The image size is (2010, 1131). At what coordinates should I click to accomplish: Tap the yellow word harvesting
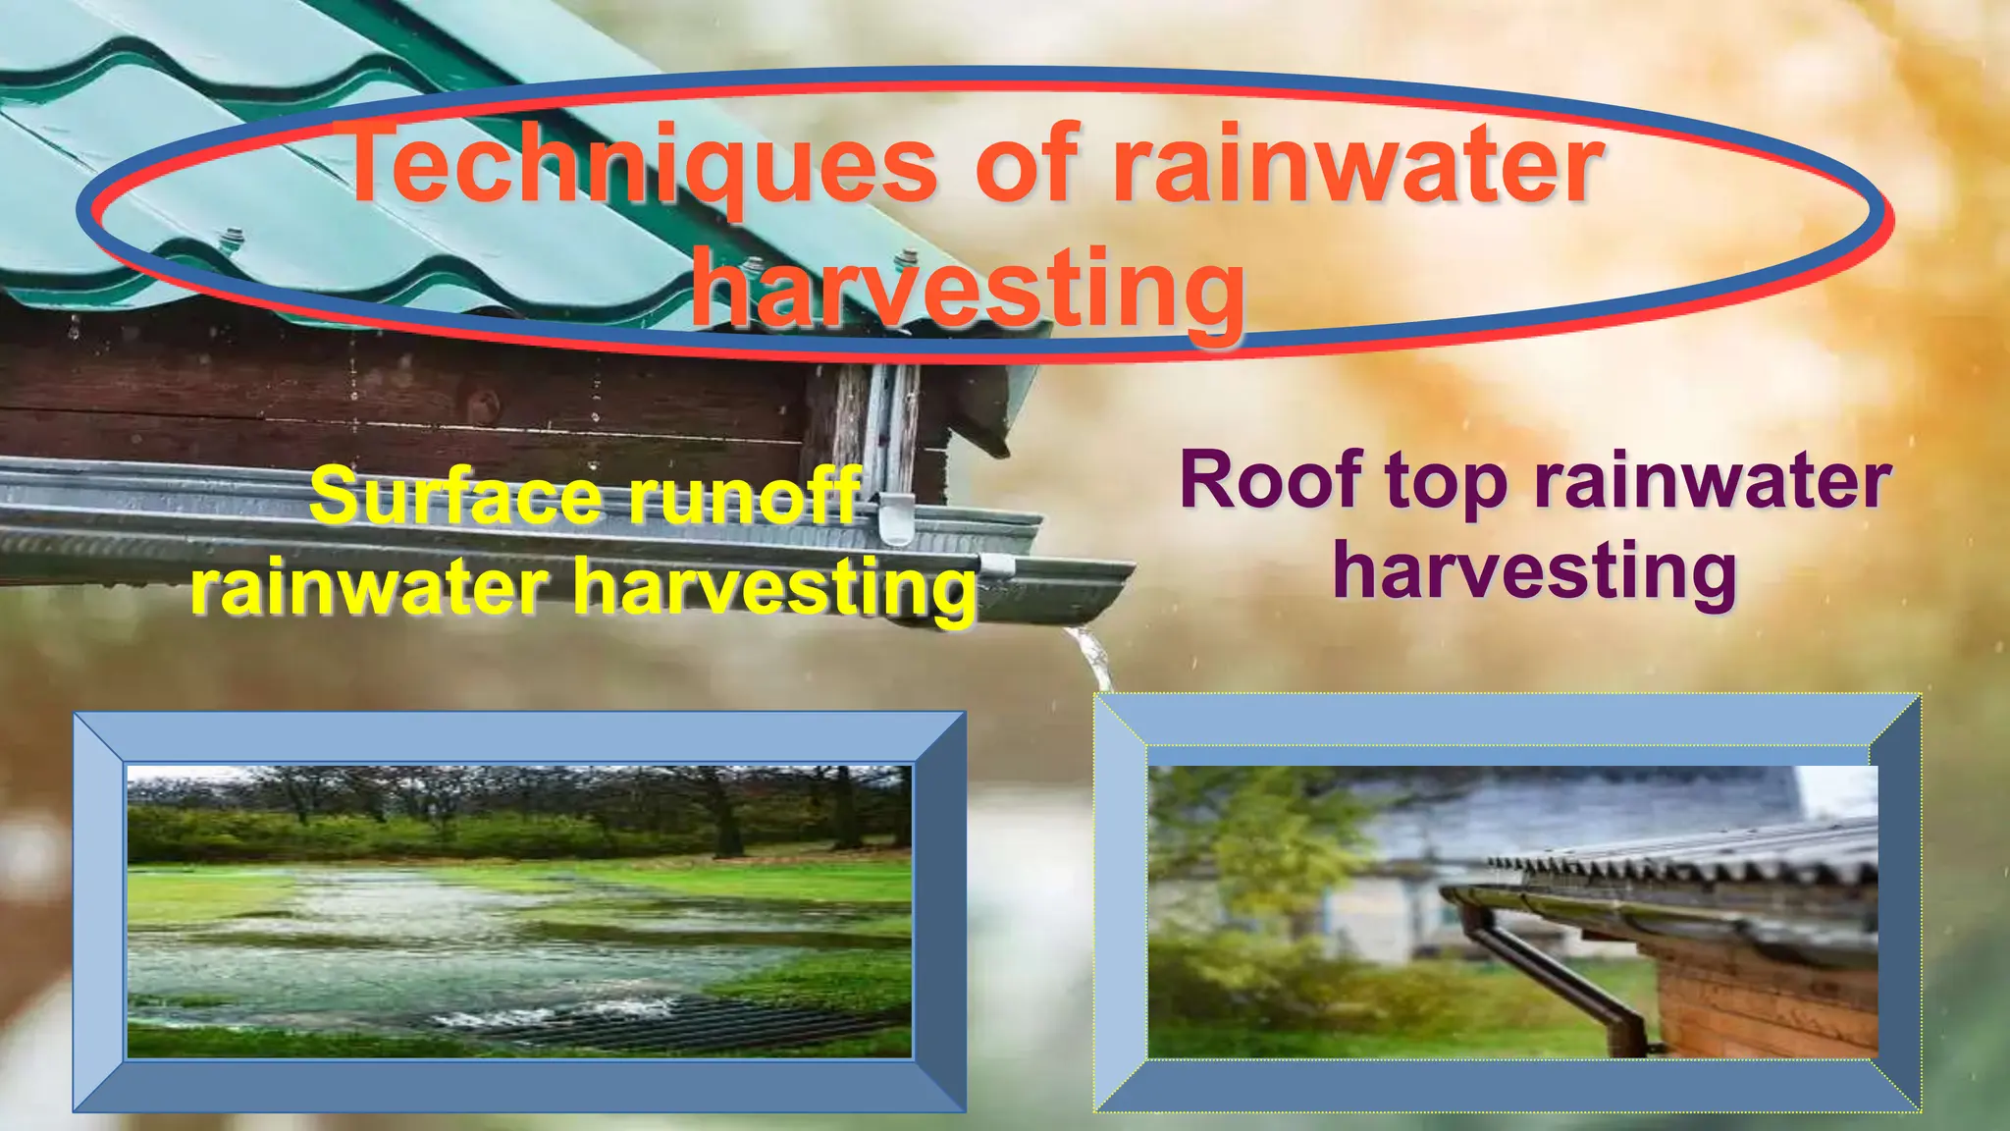coord(775,589)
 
